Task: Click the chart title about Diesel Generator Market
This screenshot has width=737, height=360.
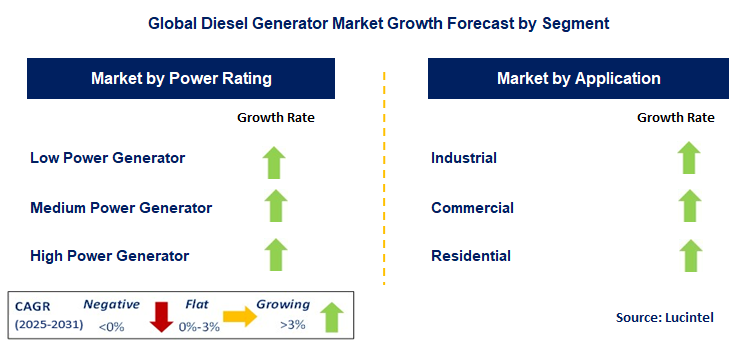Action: click(368, 21)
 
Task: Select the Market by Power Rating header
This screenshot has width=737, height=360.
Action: click(181, 78)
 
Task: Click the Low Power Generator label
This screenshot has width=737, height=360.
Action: click(107, 157)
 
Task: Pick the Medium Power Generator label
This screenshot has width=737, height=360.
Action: click(121, 207)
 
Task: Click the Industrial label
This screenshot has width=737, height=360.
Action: click(464, 157)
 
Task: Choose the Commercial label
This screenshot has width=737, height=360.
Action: click(472, 207)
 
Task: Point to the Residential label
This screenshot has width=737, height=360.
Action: click(471, 256)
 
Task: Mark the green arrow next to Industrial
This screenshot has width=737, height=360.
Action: click(688, 158)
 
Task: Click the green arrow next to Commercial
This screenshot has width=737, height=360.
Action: click(688, 206)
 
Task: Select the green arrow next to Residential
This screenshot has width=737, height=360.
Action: click(688, 255)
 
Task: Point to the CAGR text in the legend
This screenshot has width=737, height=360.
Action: click(34, 305)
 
